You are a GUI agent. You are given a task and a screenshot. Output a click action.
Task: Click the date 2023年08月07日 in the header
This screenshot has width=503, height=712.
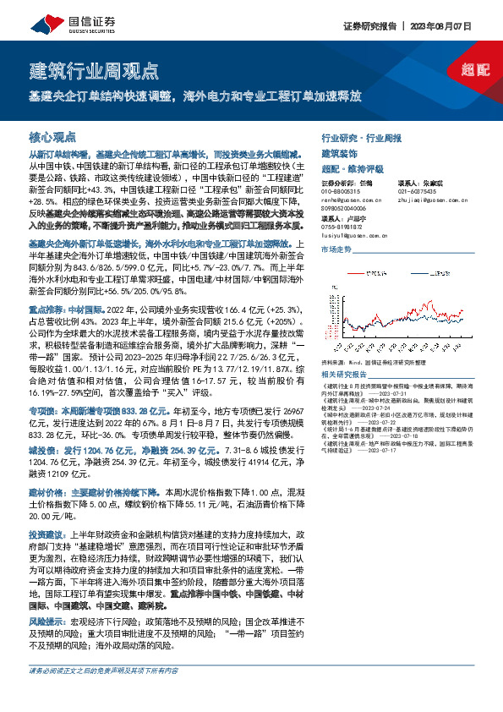pyautogui.click(x=449, y=26)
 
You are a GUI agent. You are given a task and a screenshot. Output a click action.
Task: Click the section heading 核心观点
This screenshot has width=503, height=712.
pyautogui.click(x=52, y=135)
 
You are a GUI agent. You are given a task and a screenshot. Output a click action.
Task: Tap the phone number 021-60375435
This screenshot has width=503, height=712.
pyautogui.click(x=418, y=191)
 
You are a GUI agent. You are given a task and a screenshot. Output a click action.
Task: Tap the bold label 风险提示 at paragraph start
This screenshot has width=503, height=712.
pyautogui.click(x=47, y=620)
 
